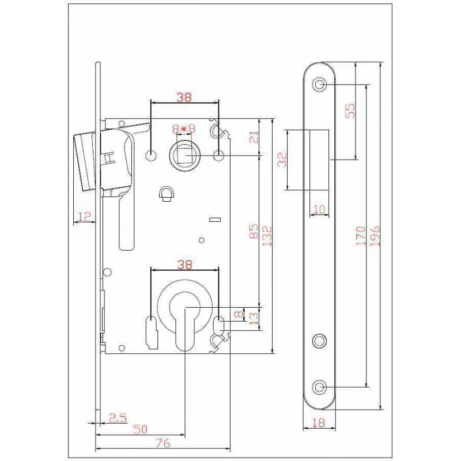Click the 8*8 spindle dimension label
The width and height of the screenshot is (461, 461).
[x=184, y=129]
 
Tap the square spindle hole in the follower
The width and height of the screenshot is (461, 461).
[x=184, y=154]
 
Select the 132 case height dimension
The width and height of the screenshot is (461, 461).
[x=267, y=236]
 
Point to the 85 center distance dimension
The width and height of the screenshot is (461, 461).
[x=253, y=231]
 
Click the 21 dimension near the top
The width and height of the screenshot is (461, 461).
[x=254, y=137]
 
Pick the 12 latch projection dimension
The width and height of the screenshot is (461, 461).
[x=84, y=217]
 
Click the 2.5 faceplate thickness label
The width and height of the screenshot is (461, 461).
[x=118, y=417]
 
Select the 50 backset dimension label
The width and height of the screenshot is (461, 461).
[x=140, y=429]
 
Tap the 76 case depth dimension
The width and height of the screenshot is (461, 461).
[x=163, y=443]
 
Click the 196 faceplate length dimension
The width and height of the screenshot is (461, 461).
[x=375, y=236]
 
